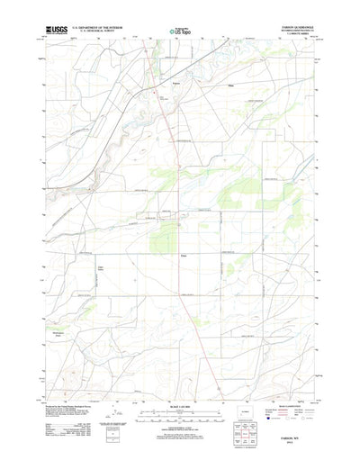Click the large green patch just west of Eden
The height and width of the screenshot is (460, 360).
pos(162,239)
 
